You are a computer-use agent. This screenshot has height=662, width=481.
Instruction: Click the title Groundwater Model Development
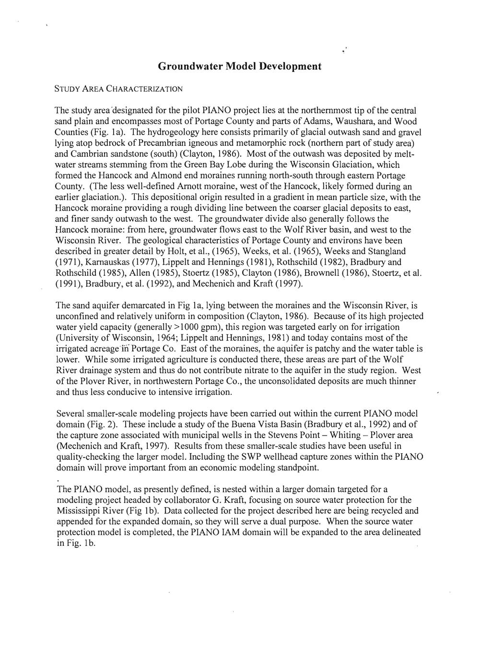[239, 66]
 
